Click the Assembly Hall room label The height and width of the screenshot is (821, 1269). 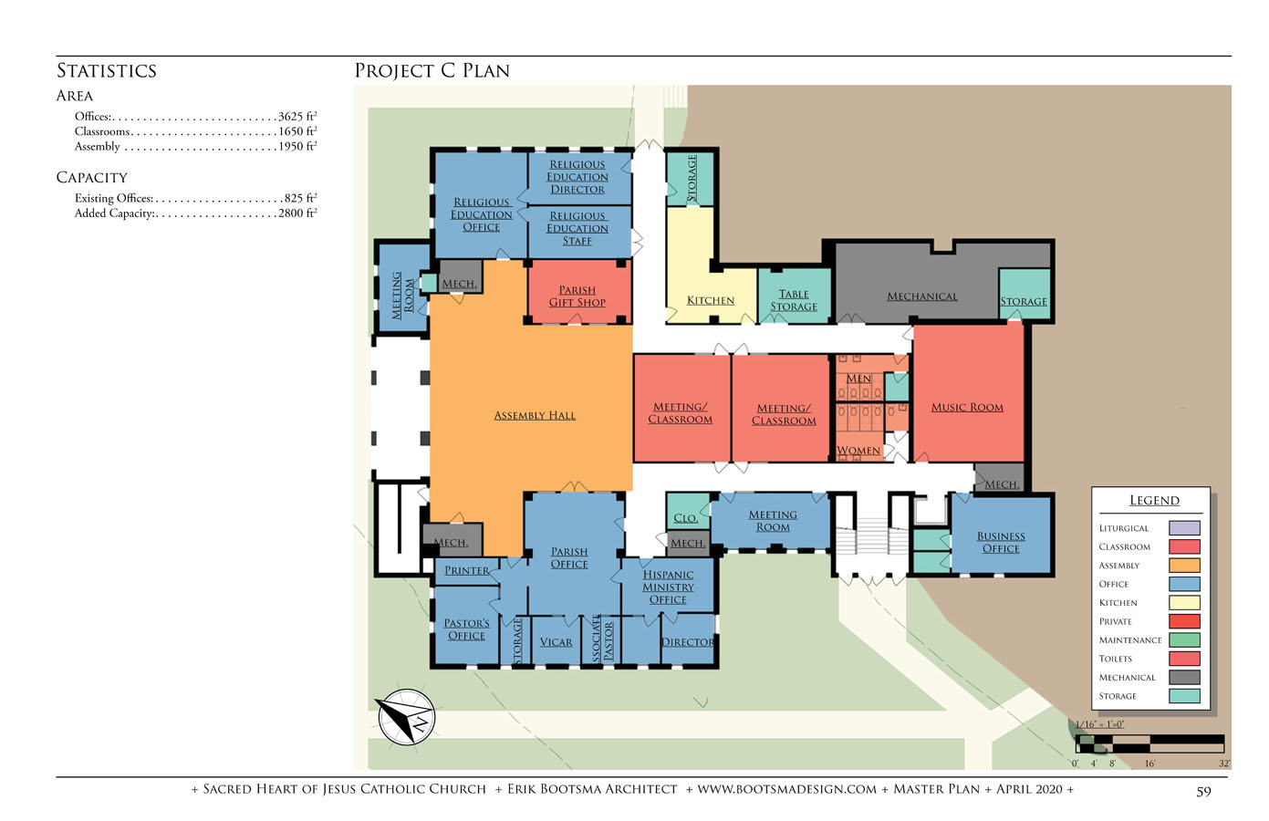(x=535, y=415)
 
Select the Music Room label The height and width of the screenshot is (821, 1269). (x=967, y=408)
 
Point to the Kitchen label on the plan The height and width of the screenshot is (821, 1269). (x=711, y=300)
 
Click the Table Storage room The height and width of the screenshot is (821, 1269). (x=795, y=296)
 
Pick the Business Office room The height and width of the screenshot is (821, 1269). (x=1001, y=535)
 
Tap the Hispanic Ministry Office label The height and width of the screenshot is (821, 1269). (x=668, y=587)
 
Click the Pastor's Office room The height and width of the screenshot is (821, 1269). (x=465, y=625)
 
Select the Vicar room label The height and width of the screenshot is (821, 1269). (x=556, y=642)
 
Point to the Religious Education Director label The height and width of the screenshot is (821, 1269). (x=577, y=177)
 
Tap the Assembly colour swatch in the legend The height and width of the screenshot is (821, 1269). (x=1184, y=566)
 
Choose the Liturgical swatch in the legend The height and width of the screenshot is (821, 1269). (x=1184, y=528)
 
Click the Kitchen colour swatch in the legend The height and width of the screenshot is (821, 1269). (x=1184, y=603)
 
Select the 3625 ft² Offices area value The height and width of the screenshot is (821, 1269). (x=297, y=116)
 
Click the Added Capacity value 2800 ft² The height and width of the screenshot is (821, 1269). (x=297, y=213)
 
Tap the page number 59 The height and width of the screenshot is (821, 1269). (x=1203, y=792)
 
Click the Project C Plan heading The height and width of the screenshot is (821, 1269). (x=432, y=71)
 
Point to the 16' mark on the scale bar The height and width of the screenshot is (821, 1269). (x=1149, y=764)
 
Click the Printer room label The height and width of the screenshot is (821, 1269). (x=467, y=570)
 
